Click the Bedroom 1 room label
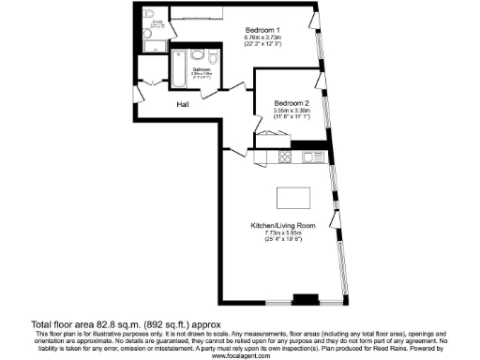click(x=263, y=29)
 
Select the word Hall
click(x=185, y=104)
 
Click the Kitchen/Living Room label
click(x=282, y=226)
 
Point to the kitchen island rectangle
click(x=292, y=199)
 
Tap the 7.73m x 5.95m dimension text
click(x=282, y=234)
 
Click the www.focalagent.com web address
click(x=240, y=356)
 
